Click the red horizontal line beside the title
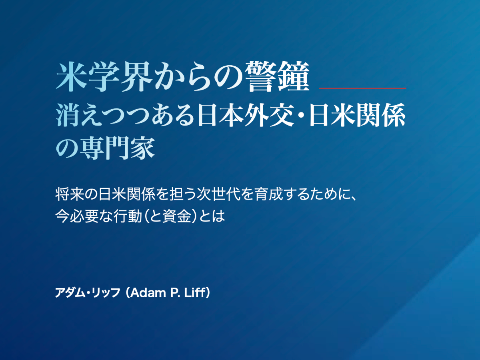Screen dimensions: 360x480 [362, 88]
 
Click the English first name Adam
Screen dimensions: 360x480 [145, 292]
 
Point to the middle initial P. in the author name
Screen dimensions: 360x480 [172, 292]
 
